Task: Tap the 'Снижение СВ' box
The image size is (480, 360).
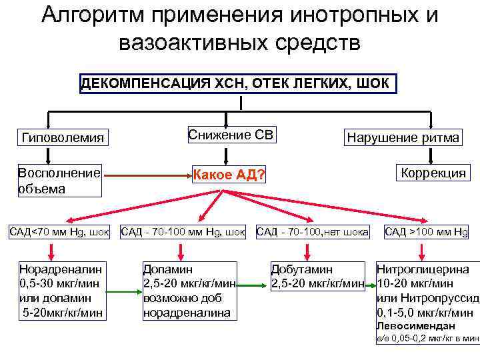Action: [x=230, y=135]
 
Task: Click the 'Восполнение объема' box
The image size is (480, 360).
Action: [x=59, y=180]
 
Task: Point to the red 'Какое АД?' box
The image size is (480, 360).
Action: [x=229, y=175]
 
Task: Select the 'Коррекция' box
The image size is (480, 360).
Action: [x=433, y=173]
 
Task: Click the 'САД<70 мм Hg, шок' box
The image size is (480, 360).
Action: [x=59, y=232]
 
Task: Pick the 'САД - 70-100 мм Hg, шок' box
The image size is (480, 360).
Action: [x=183, y=232]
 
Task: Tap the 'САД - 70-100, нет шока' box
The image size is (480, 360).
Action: [x=312, y=232]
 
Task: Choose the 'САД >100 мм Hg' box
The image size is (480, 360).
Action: [x=426, y=232]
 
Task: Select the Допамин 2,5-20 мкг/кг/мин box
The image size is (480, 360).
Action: [x=189, y=289]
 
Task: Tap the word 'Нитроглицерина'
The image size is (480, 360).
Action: [x=423, y=269]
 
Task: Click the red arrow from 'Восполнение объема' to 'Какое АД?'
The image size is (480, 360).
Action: [x=147, y=177]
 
